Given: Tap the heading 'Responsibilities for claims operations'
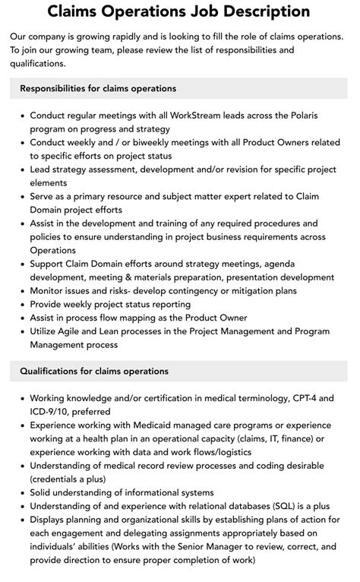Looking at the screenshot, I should pos(98,89).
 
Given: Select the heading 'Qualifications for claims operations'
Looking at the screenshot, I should pos(94,372).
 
